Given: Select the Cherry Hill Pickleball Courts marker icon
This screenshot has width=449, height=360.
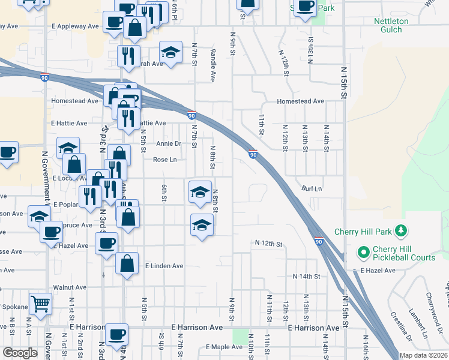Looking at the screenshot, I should [x=362, y=253].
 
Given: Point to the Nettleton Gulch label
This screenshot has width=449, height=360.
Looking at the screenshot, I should [x=391, y=25].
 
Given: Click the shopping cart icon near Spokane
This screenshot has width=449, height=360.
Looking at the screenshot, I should [x=40, y=304].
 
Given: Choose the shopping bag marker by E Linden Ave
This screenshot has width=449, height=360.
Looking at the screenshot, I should [x=127, y=263].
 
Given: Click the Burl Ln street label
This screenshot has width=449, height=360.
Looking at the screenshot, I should [x=312, y=188].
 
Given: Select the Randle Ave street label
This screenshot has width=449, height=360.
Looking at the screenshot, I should [x=213, y=65].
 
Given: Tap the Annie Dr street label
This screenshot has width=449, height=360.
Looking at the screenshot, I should [x=169, y=144].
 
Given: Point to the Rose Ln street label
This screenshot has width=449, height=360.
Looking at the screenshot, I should [x=165, y=160].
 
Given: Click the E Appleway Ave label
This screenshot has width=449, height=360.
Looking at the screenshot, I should [x=75, y=26].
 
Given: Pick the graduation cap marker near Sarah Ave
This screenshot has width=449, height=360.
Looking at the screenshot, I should [x=171, y=53].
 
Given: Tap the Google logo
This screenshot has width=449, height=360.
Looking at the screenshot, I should [x=20, y=353].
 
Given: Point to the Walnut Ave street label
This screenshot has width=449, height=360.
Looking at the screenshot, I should [x=66, y=287].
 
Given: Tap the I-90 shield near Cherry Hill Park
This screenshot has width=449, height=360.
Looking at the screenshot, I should [x=319, y=241].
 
